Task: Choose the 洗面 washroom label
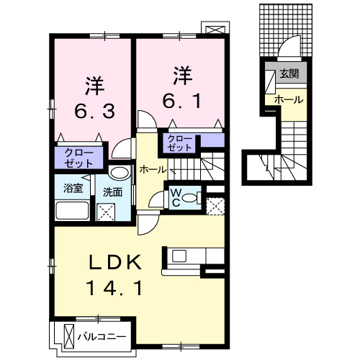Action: (x=112, y=192)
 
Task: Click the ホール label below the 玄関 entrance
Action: (x=288, y=100)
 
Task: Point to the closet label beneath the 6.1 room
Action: (x=179, y=141)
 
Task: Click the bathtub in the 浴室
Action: (x=72, y=212)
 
